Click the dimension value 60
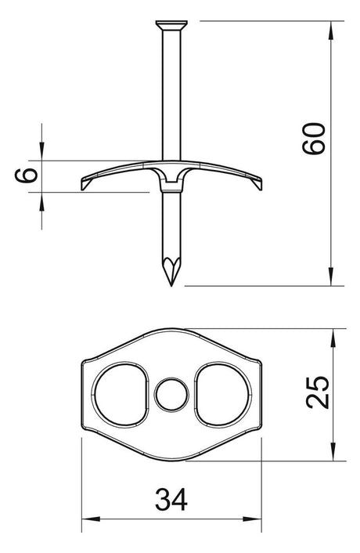pos(314,138)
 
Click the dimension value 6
pos(26,175)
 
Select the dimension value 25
pos(318,392)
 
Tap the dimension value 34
pos(171,499)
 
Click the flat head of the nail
pos(171,25)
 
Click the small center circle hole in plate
pos(171,395)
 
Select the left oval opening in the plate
pos(120,395)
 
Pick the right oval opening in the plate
pos(223,395)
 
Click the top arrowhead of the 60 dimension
pos(330,30)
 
